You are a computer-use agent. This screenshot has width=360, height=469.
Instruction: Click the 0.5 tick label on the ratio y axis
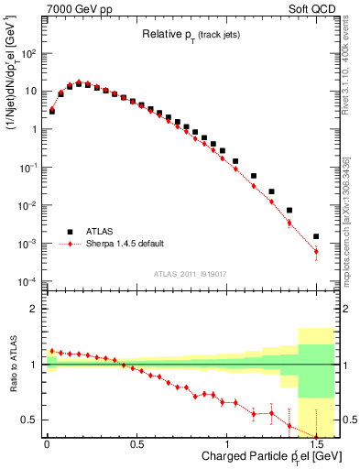click(x=28, y=420)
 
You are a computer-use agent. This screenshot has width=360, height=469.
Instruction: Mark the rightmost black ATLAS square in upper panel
click(x=316, y=236)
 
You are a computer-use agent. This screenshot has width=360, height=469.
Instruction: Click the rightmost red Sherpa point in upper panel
click(x=316, y=251)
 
